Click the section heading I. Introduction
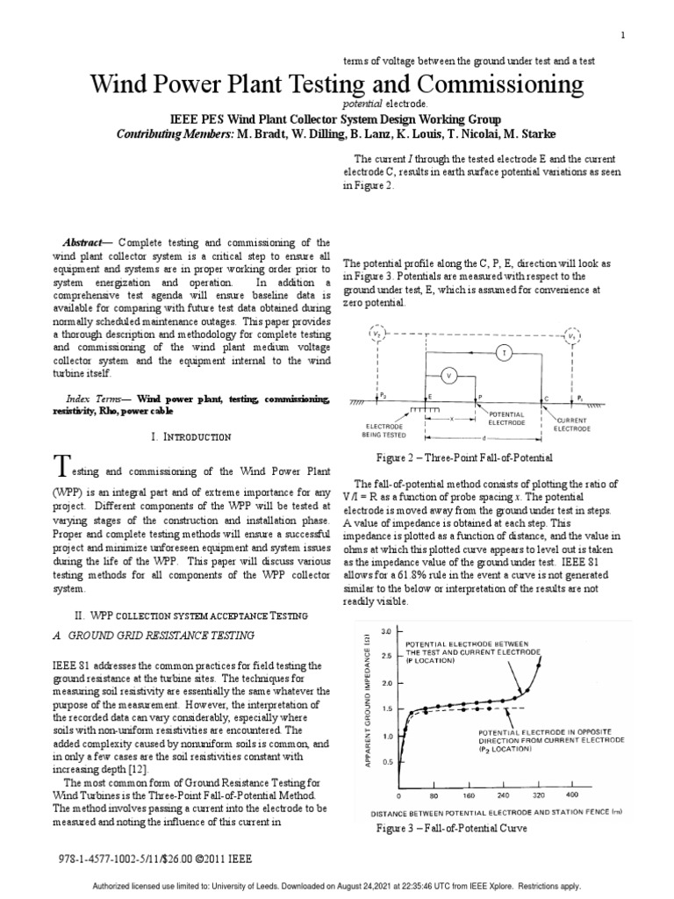click(x=191, y=436)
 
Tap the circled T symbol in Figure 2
click(x=504, y=352)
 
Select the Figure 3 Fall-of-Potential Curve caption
click(x=451, y=828)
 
